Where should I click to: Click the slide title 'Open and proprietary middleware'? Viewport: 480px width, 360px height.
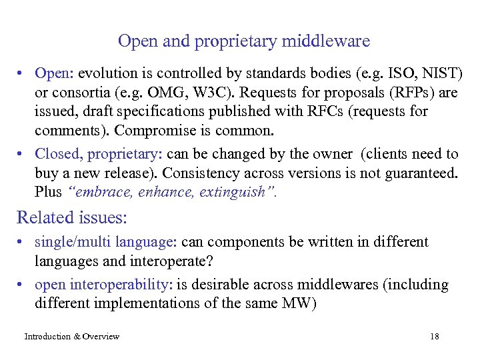(x=243, y=41)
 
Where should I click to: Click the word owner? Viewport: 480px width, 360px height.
(x=331, y=154)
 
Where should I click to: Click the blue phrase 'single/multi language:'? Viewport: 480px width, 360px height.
(x=105, y=242)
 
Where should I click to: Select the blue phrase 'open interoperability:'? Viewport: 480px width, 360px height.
(x=104, y=285)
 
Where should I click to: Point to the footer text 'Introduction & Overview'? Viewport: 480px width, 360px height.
(x=72, y=337)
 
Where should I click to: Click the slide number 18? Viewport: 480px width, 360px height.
(x=435, y=337)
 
